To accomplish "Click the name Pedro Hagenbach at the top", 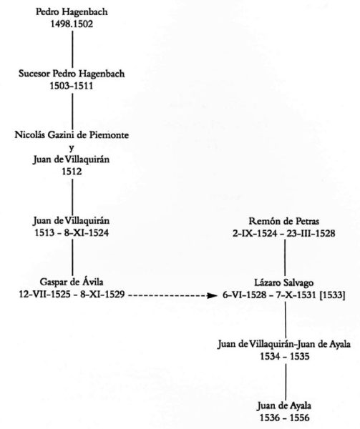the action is point(72,12).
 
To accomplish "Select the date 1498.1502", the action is point(72,24).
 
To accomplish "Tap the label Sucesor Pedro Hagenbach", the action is point(72,74).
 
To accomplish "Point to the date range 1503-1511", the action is point(72,86).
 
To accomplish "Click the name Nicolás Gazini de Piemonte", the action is point(72,135).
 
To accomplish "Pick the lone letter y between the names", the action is point(72,148).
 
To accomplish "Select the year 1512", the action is point(72,172).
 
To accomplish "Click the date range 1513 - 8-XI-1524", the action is point(72,233).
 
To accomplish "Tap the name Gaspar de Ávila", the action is point(72,282).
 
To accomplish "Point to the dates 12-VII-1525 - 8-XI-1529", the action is point(72,295).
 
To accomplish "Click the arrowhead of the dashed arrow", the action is point(213,295).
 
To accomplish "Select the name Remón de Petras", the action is point(284,221).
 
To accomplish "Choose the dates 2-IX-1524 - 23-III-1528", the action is point(284,233).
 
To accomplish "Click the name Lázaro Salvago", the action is point(284,282).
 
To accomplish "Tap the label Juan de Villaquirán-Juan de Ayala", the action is point(284,344).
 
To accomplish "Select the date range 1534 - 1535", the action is point(285,357).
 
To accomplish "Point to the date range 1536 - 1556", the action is point(285,418).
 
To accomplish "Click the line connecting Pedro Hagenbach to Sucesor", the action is point(72,49).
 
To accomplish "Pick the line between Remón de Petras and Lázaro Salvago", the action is point(285,257).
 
